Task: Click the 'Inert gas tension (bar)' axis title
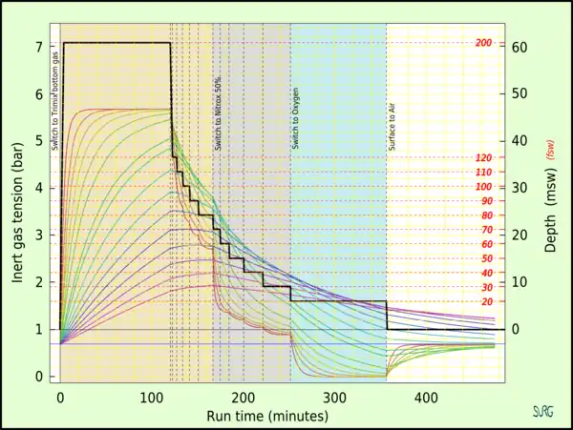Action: [x=18, y=204]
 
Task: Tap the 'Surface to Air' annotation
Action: [x=392, y=124]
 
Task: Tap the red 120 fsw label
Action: [x=483, y=158]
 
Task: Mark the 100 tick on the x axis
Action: [x=152, y=397]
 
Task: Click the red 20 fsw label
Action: [x=486, y=301]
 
